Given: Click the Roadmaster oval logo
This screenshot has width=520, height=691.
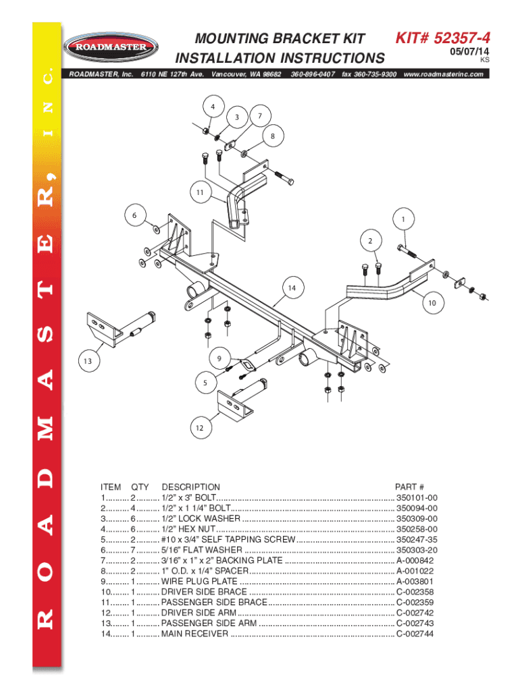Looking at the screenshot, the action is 111,47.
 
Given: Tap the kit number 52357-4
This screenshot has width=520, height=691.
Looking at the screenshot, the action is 462,38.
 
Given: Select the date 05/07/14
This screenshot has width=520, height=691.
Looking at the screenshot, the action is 469,51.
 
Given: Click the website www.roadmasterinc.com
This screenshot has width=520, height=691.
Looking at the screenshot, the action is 443,74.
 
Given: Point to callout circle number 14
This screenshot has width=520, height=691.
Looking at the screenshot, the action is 292,287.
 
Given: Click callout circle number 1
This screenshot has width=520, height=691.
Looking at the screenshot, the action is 403,219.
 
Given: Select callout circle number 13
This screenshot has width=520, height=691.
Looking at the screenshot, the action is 88,362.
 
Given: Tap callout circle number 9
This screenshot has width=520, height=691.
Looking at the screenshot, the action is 219,359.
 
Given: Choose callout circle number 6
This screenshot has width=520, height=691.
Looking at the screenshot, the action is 134,215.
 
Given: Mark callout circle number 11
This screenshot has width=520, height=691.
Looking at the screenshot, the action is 201,192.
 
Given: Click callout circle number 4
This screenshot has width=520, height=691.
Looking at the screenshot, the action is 213,106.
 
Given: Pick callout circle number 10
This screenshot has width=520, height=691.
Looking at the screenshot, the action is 432,303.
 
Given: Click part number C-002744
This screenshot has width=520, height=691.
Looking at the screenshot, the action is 415,634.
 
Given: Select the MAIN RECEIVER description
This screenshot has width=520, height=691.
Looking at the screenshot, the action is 195,634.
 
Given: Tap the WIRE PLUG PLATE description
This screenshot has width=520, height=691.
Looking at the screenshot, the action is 199,581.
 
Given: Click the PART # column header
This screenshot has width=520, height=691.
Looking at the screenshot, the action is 409,487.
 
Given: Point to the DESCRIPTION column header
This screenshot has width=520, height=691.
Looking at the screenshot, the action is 191,487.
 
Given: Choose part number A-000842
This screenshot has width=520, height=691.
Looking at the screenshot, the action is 415,561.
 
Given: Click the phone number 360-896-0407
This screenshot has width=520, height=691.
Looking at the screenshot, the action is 313,74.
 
